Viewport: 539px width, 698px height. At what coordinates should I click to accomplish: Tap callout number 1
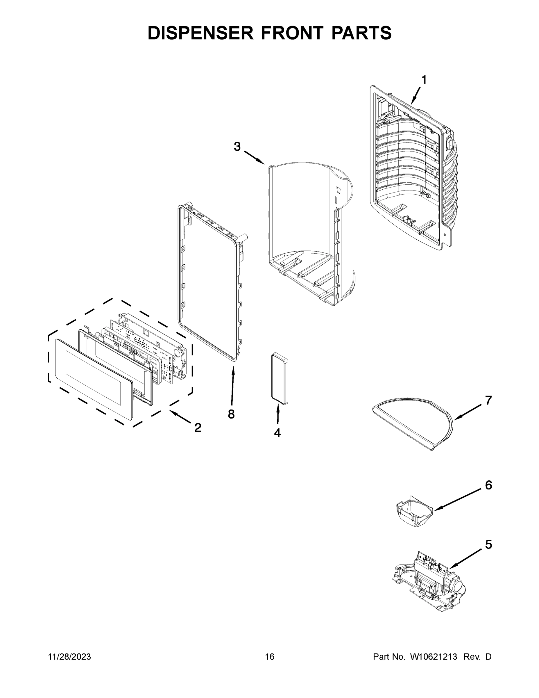point(424,80)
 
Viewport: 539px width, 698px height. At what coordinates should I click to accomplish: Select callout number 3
point(237,147)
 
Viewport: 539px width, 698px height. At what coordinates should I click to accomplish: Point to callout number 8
point(231,414)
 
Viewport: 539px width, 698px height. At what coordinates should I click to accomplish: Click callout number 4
point(277,433)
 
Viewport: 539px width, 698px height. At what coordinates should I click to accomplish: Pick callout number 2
point(198,428)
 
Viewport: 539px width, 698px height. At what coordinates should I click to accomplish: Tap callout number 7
point(488,400)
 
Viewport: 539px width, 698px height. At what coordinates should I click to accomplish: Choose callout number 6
point(488,485)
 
